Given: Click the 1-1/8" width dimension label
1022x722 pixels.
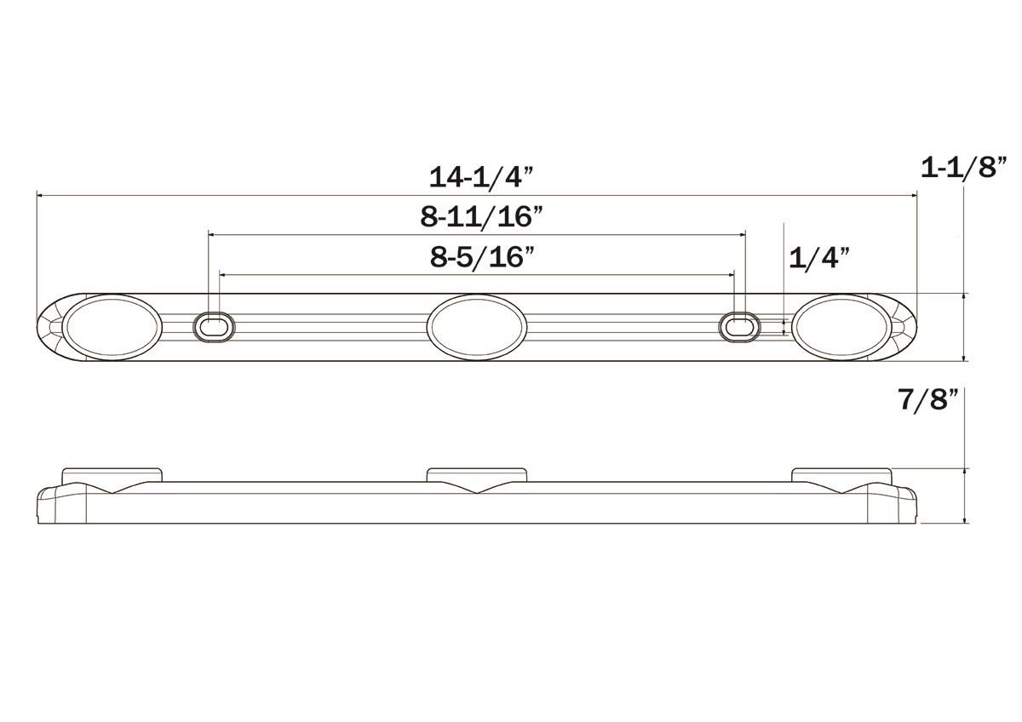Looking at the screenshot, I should click(964, 167).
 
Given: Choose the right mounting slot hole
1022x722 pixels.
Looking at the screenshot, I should click(739, 327).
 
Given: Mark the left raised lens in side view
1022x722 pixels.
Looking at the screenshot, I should click(111, 474).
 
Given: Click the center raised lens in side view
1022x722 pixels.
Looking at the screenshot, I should click(477, 474).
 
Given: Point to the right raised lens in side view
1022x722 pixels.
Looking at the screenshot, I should click(841, 474).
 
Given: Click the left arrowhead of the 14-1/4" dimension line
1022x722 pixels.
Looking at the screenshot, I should click(39, 195).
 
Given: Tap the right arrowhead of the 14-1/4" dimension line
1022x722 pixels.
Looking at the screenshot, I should click(915, 195).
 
